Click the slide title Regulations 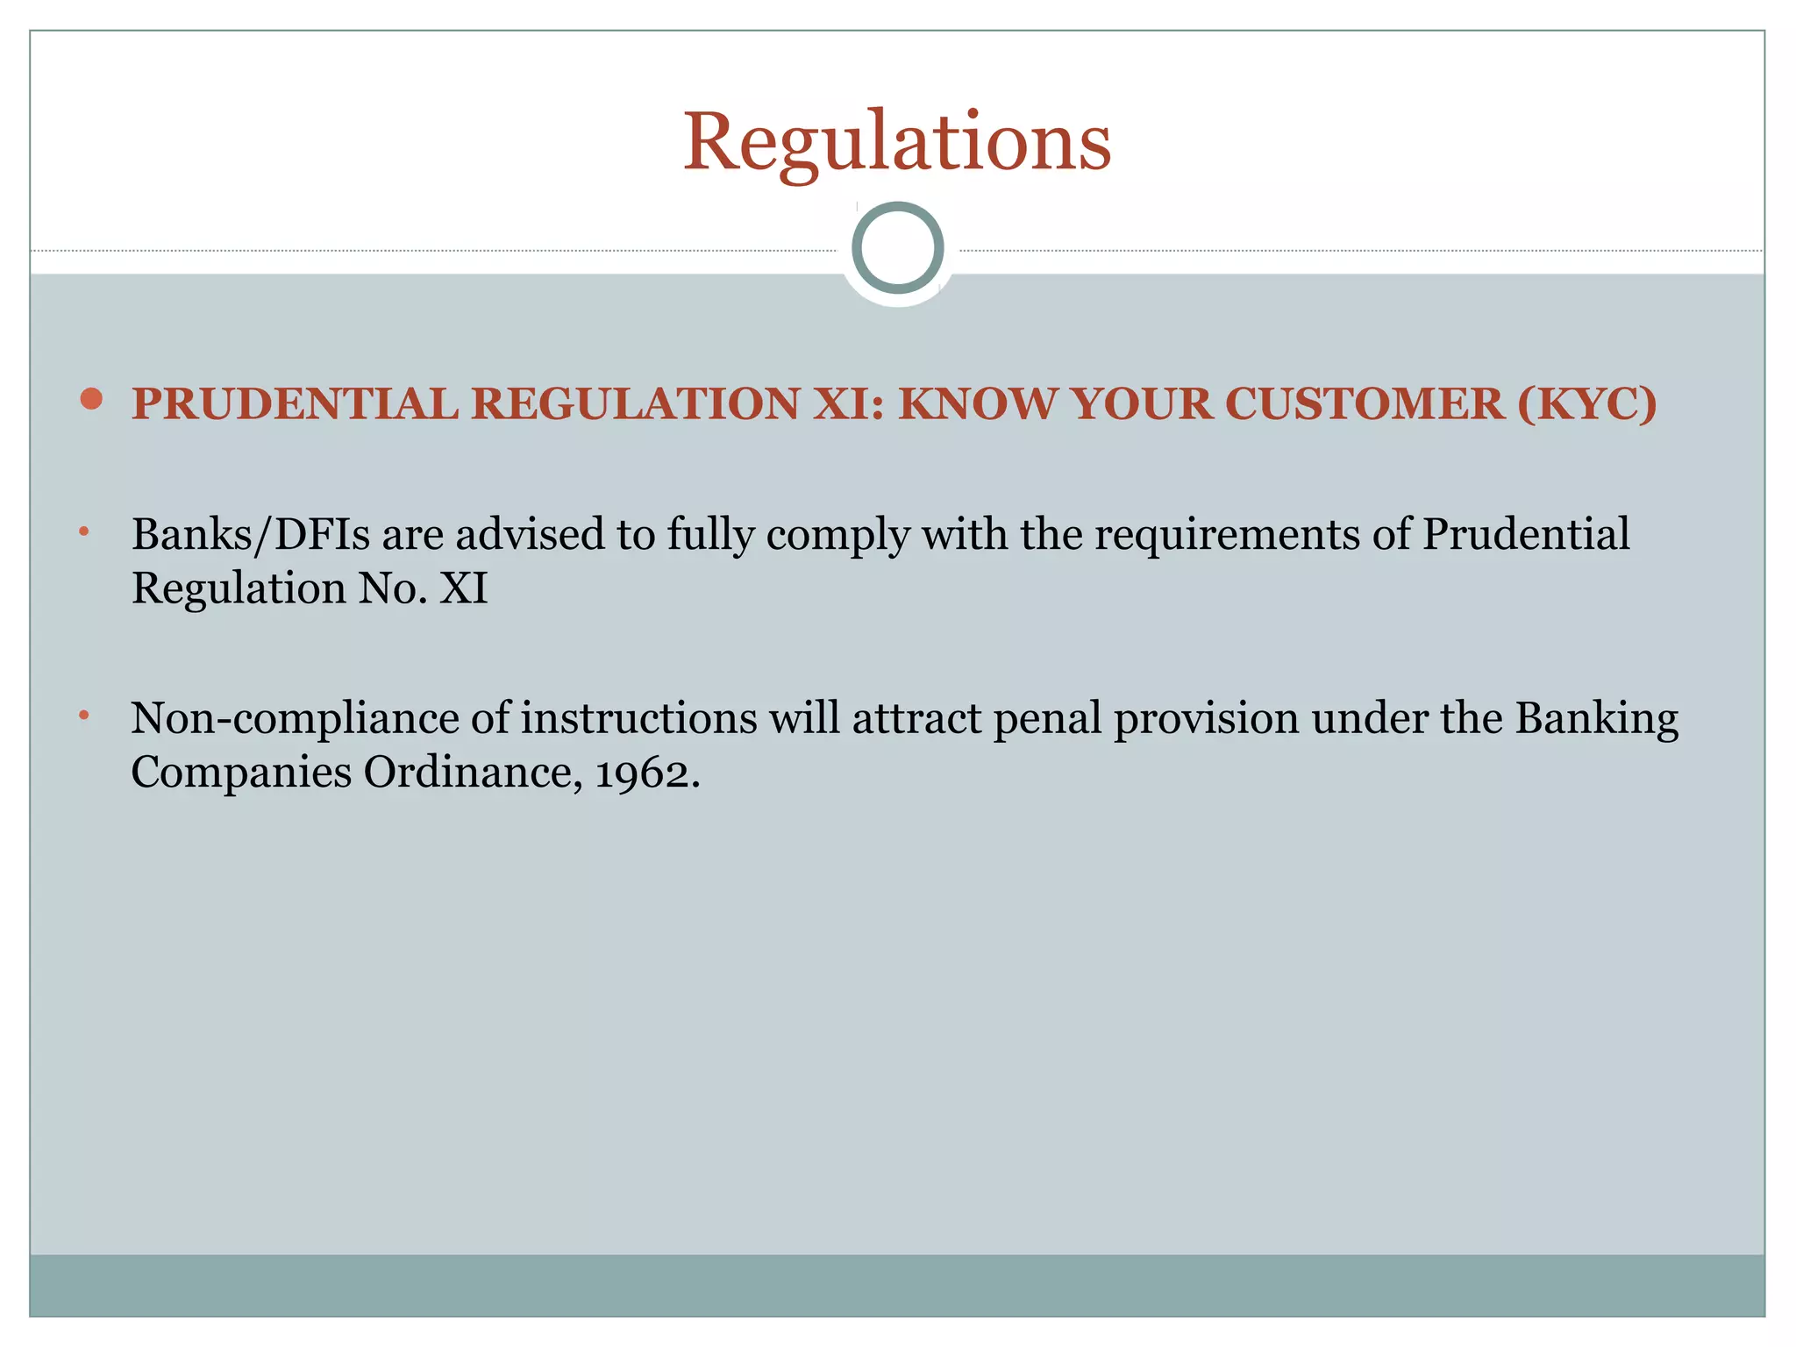pos(896,141)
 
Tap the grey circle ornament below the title pos(897,247)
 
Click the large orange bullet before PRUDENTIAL pos(91,400)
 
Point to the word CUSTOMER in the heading pos(1365,404)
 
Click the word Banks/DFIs pos(251,534)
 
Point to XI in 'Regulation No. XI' pos(463,588)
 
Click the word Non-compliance pos(295,718)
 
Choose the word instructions pos(638,718)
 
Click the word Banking pos(1596,720)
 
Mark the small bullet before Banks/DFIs pos(84,531)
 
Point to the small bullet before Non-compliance pos(84,716)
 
